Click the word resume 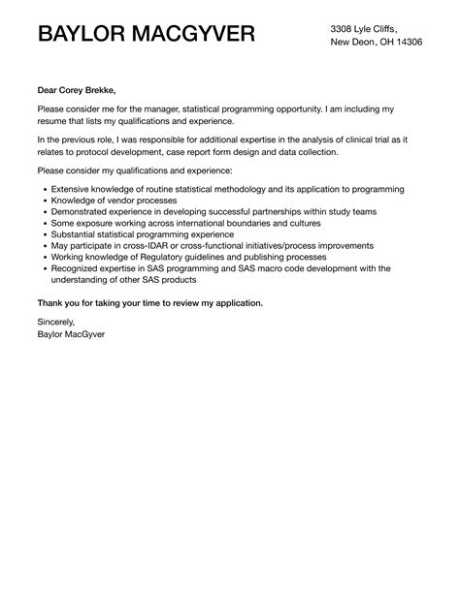point(55,121)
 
